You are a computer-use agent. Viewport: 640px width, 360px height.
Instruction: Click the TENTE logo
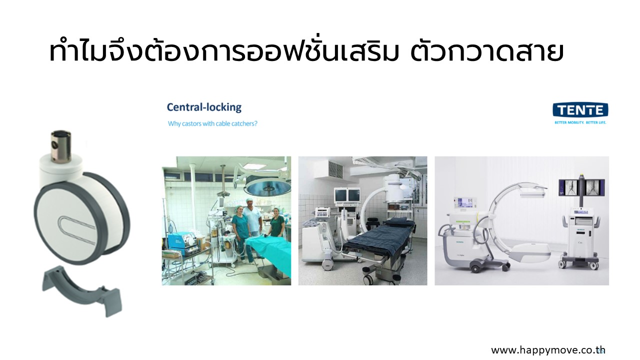coord(580,110)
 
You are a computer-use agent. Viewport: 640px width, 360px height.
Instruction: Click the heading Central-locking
coord(204,107)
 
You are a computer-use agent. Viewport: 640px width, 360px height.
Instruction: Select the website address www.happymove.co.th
coord(548,350)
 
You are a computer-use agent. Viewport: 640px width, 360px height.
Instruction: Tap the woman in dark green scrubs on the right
coord(276,225)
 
